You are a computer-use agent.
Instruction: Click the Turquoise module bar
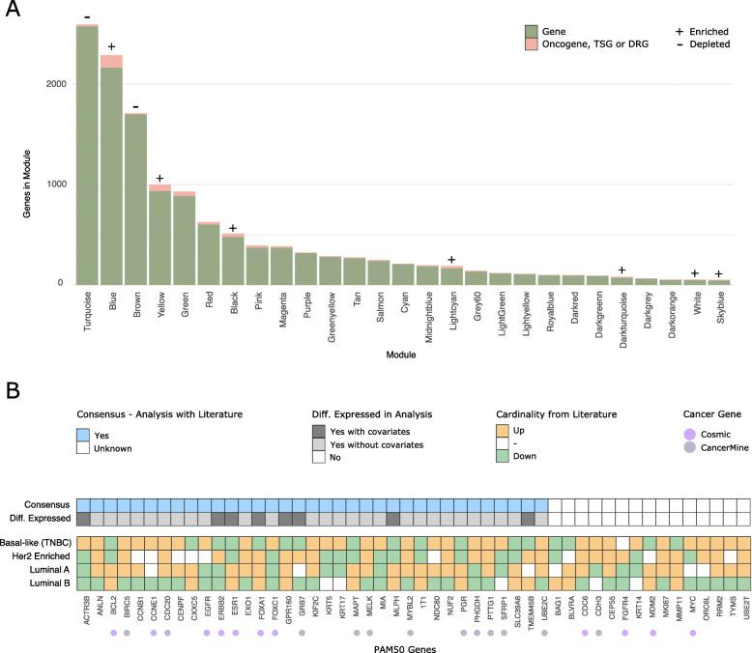pyautogui.click(x=87, y=155)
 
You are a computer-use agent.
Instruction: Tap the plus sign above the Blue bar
pyautogui.click(x=112, y=46)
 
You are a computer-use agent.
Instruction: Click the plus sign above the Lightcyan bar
pyautogui.click(x=451, y=260)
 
